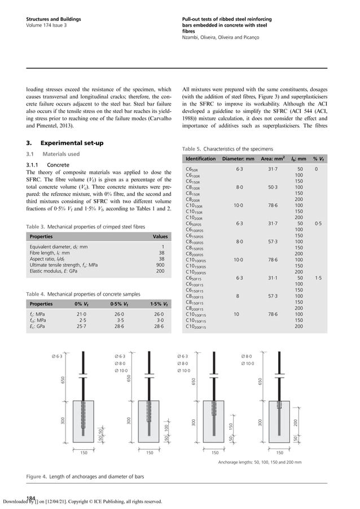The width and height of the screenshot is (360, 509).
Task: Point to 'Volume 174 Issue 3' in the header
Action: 47,25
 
